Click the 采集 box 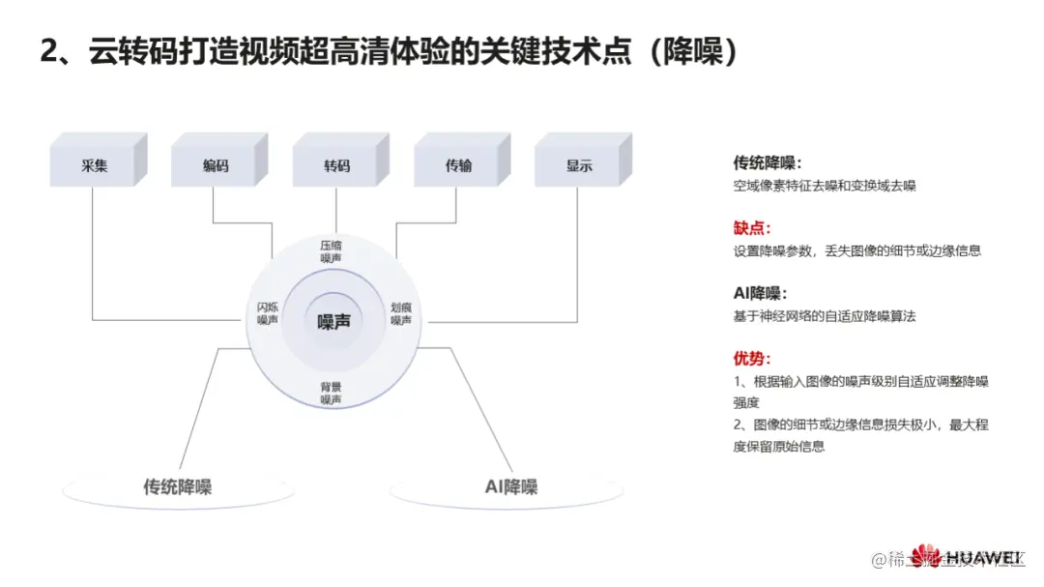pos(94,165)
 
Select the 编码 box pos(216,165)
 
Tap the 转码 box pos(336,165)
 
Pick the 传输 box pos(458,165)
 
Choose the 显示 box pos(579,165)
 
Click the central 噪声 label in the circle pos(333,322)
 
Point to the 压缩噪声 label pos(332,252)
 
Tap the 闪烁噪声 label pos(268,313)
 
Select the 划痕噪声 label pos(400,313)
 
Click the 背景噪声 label pos(332,393)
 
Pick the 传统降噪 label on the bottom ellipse pos(177,486)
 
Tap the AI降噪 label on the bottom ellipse pos(511,486)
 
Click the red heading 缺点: pos(752,228)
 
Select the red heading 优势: pos(752,359)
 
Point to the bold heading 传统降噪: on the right pos(768,162)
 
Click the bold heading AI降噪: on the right pos(761,293)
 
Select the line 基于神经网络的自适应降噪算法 pos(825,316)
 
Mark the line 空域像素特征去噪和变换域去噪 pos(825,186)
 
